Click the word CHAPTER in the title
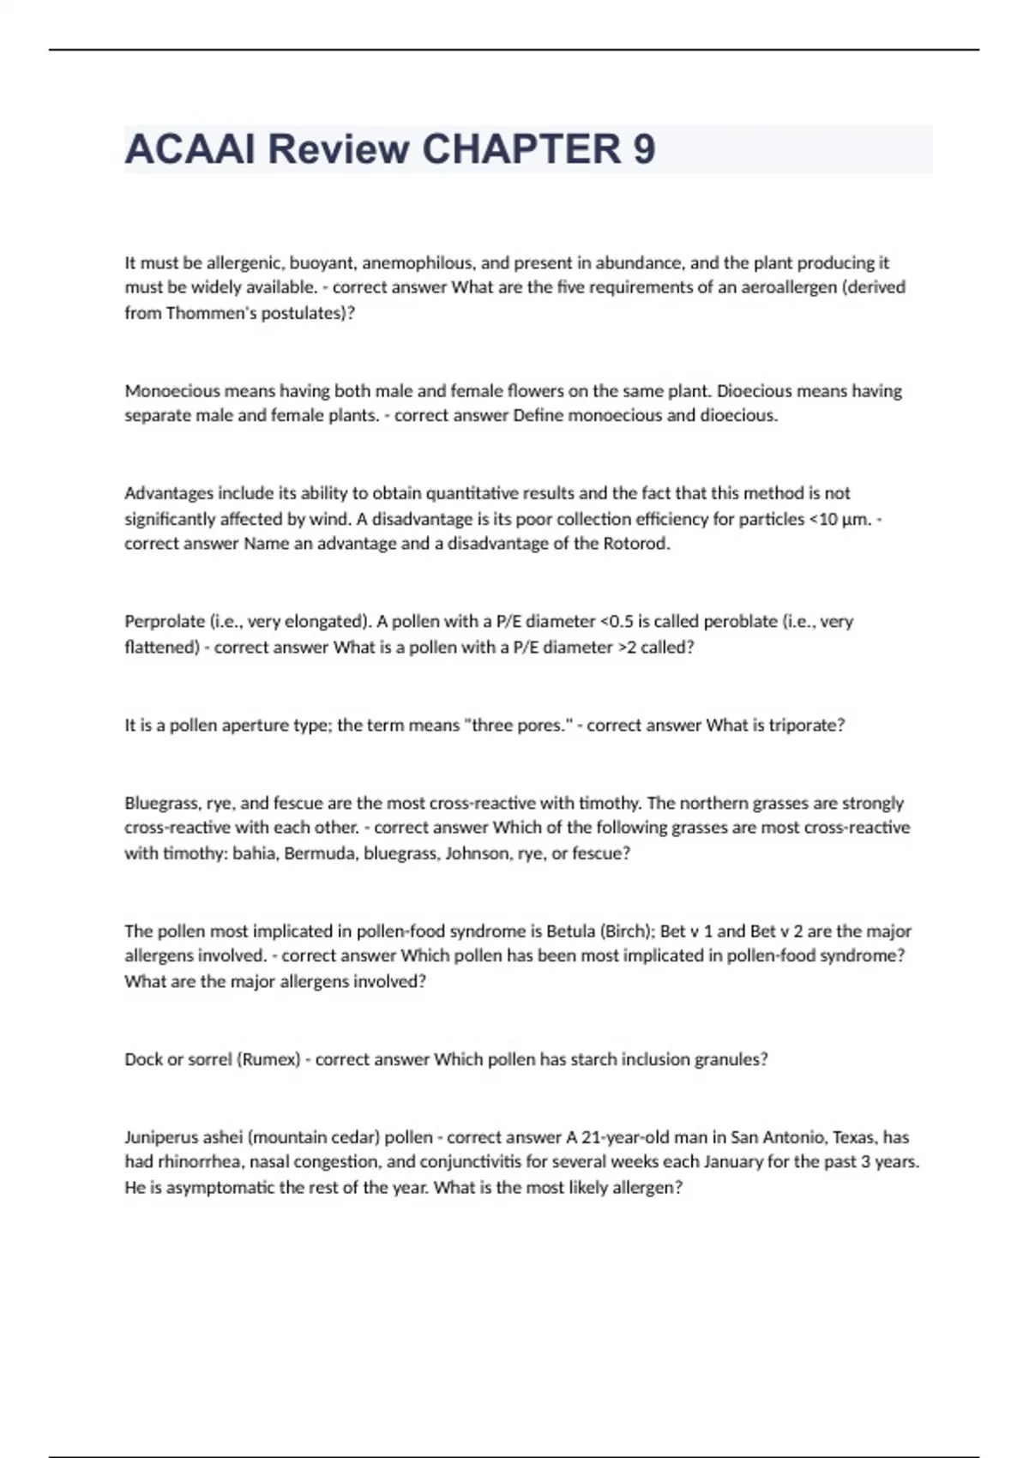click(x=521, y=149)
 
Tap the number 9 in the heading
click(x=644, y=149)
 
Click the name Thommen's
click(x=206, y=313)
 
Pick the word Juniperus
click(x=162, y=1138)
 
